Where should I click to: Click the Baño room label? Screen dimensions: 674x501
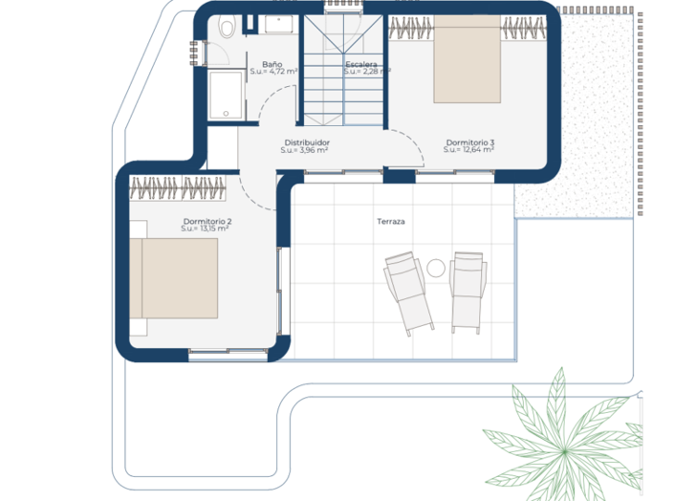click(x=272, y=64)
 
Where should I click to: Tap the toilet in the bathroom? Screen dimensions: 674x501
click(x=227, y=26)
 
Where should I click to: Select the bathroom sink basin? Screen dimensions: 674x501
click(x=278, y=24)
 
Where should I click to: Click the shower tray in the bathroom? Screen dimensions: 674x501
click(x=226, y=96)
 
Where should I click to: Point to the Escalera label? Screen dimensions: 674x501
click(x=361, y=64)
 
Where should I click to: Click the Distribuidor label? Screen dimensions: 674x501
click(x=307, y=142)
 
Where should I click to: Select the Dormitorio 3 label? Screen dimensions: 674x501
click(x=469, y=142)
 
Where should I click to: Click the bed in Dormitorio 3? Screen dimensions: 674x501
click(x=467, y=59)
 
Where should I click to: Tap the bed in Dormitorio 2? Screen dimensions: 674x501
click(x=174, y=278)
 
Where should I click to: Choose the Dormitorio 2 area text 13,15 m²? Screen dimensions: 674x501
click(x=214, y=229)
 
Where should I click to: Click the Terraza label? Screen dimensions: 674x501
click(x=391, y=222)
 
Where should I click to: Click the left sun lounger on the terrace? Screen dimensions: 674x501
click(x=408, y=293)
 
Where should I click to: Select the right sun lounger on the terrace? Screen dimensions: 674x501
click(x=467, y=293)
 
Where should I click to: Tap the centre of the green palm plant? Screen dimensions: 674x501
click(x=564, y=450)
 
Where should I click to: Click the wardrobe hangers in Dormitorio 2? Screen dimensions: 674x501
click(x=178, y=188)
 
